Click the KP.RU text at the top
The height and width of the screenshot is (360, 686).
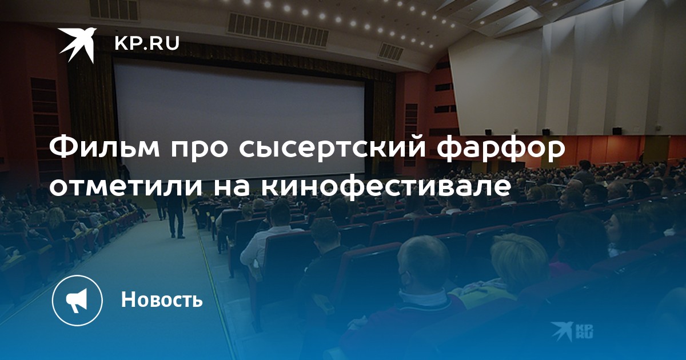147,43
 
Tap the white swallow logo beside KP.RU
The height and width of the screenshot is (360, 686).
78,45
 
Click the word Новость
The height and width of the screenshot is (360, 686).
162,299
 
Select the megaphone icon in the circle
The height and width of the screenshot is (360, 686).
77,301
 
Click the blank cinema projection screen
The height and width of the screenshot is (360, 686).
239,119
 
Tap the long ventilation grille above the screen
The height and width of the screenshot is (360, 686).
277,29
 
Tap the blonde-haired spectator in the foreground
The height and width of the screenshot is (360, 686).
517,257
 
